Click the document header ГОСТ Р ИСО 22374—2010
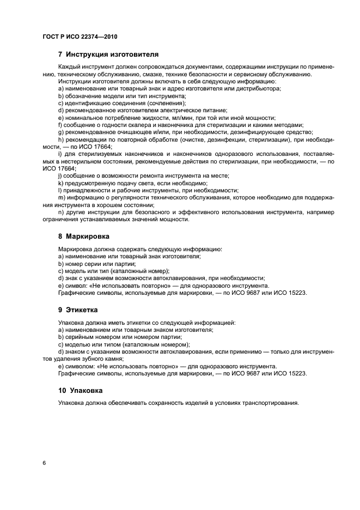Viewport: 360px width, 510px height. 78,36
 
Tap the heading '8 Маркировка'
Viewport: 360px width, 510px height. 83,237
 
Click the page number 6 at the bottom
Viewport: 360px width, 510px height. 43,462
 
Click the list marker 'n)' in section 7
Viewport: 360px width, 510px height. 60,212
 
